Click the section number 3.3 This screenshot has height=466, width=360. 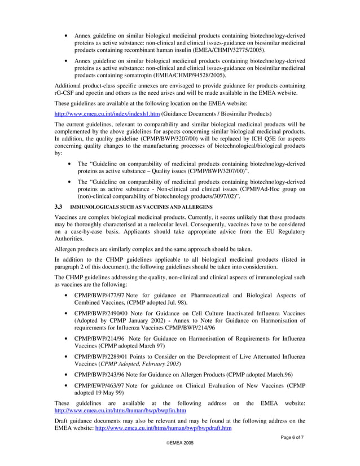pyautogui.click(x=58, y=207)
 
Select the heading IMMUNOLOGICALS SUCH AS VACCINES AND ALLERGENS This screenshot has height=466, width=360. pyautogui.click(x=145, y=208)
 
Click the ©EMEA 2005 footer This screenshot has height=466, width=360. pyautogui.click(x=179, y=443)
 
